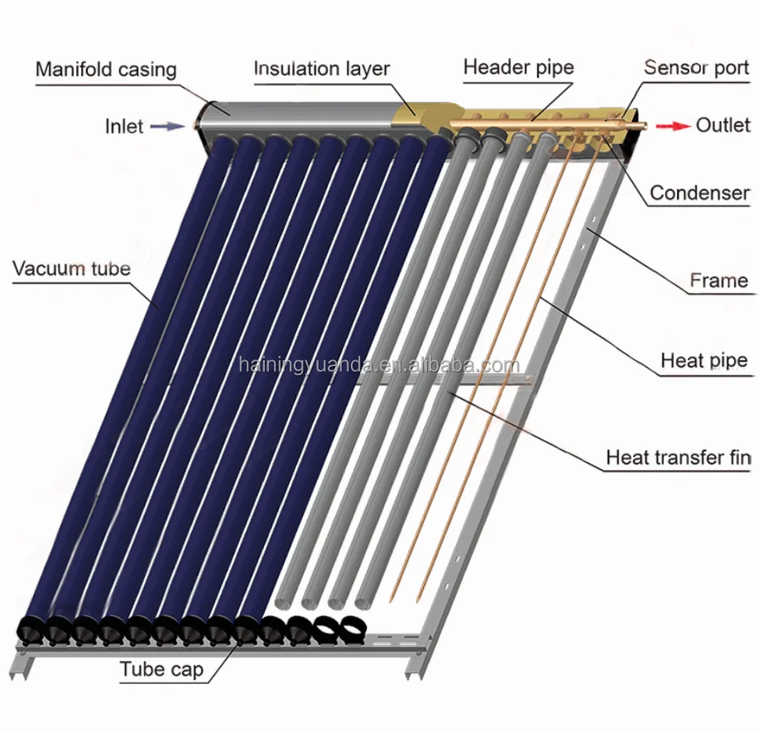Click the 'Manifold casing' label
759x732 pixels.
pos(105,69)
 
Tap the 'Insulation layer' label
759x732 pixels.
pos(321,68)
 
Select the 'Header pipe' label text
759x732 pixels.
pos(518,67)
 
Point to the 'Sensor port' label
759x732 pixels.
pos(696,67)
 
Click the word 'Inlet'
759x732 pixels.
pos(124,127)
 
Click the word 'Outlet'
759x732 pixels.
pos(723,125)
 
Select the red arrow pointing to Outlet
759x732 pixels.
pos(673,126)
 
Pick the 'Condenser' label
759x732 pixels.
pos(699,193)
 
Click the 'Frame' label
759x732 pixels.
pos(719,281)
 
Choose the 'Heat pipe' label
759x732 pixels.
pos(704,361)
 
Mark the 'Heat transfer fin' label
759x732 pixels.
pos(678,457)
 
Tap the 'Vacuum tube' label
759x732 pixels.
pos(71,268)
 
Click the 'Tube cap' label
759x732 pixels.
pos(161,669)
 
